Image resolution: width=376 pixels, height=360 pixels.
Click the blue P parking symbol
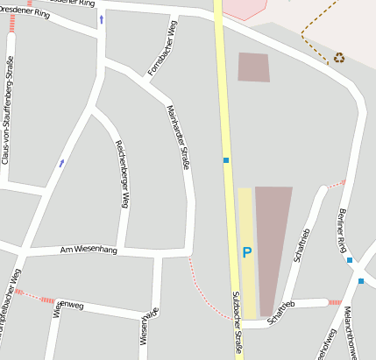246,252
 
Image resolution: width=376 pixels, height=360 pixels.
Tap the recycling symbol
338,59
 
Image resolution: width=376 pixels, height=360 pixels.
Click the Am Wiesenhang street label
88,251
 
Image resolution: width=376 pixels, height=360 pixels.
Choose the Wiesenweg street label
68,307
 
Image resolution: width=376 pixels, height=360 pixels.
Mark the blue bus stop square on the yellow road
225,160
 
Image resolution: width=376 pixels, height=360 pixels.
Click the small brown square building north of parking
253,67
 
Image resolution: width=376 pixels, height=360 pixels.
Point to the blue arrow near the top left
101,18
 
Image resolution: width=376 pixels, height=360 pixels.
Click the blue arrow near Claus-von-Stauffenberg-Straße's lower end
61,163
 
